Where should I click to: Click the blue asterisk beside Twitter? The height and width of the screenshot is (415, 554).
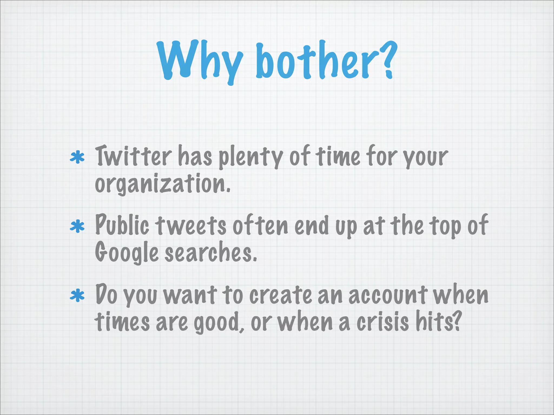coord(77,158)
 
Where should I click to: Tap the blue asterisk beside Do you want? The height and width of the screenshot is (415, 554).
coord(77,296)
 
